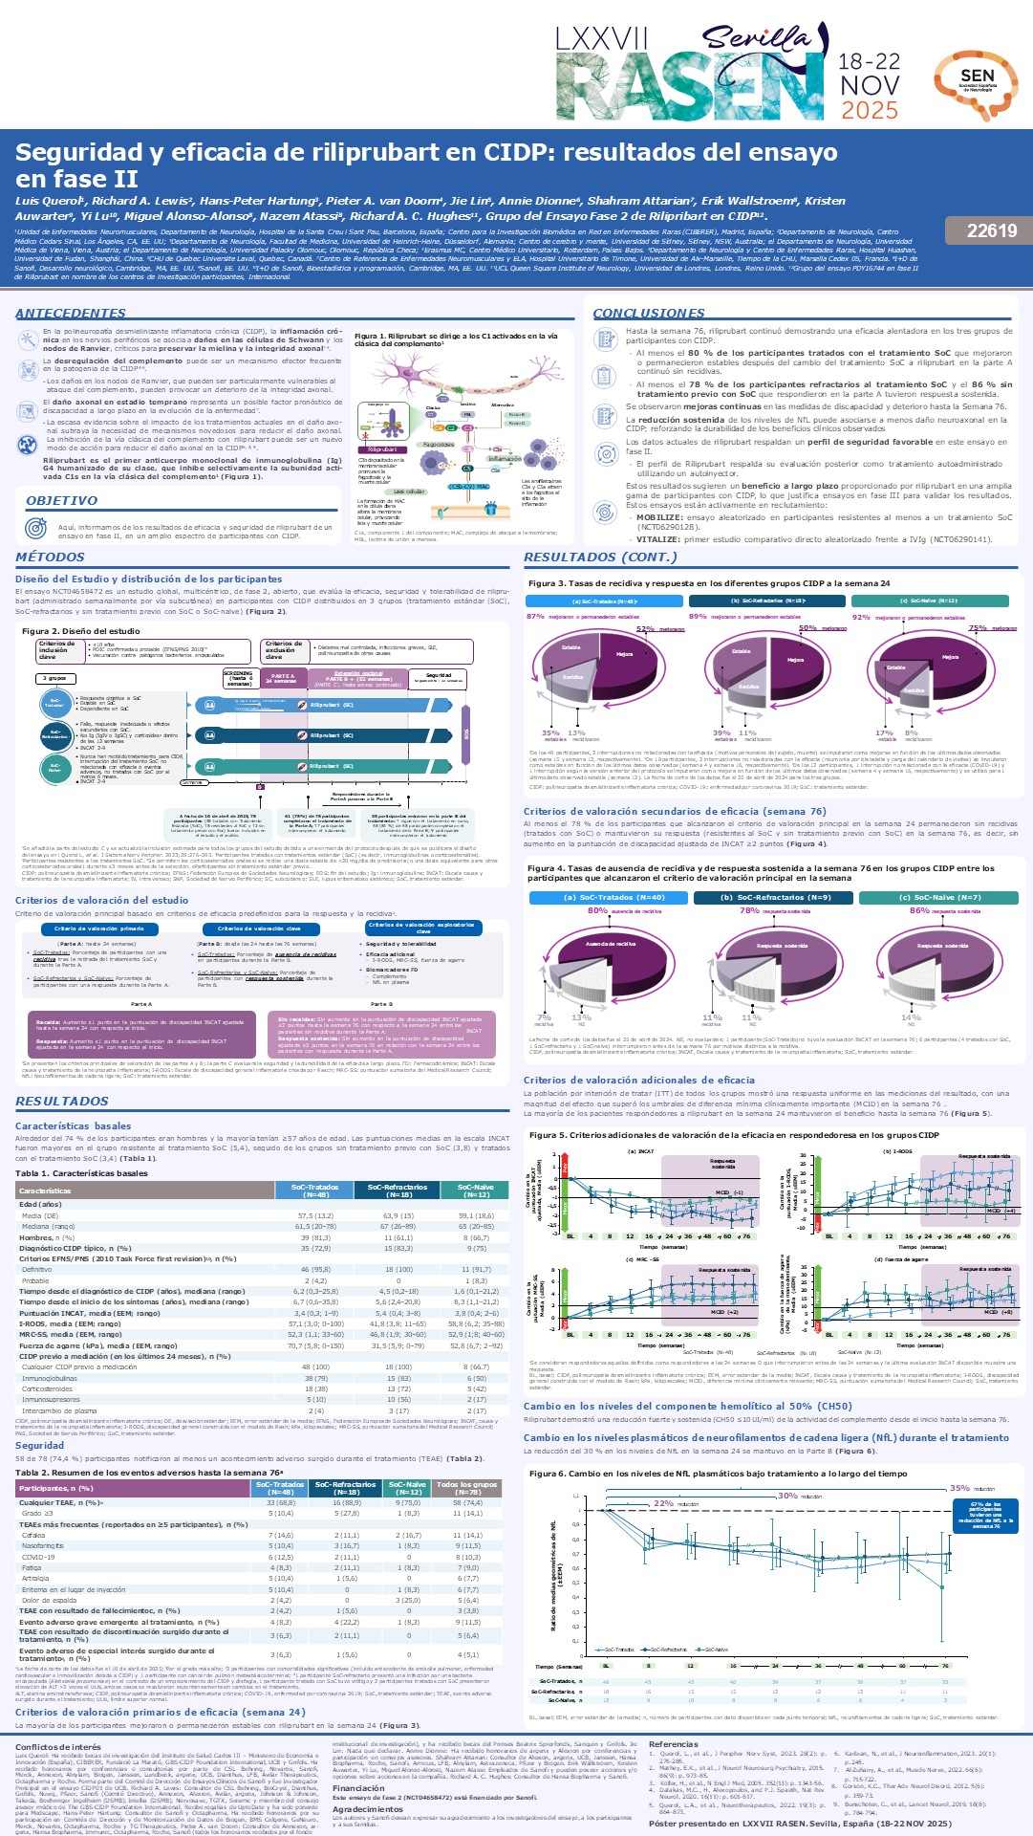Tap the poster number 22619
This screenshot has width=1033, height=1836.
coord(991,230)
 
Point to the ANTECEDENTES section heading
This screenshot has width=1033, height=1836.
coord(71,314)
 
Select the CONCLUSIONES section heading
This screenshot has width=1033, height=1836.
coord(649,314)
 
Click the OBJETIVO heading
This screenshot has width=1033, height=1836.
coord(61,500)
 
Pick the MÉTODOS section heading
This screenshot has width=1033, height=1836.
coord(50,557)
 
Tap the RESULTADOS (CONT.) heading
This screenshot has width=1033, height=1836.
coord(600,557)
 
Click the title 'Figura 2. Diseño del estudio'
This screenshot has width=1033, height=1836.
coord(80,631)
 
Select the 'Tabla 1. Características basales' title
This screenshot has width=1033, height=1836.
coord(81,1173)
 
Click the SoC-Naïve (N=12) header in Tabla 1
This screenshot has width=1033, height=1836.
coord(476,1191)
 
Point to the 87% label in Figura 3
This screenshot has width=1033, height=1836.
coord(535,617)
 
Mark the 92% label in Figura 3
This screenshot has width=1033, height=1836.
coord(861,617)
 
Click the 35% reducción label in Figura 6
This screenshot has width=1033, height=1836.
coord(958,1488)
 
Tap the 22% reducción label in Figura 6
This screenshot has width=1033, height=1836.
coord(663,1503)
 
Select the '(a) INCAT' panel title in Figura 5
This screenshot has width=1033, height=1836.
coord(640,1151)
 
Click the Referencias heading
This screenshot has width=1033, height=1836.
coord(673,1744)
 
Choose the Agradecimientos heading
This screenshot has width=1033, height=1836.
coord(368,1809)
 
